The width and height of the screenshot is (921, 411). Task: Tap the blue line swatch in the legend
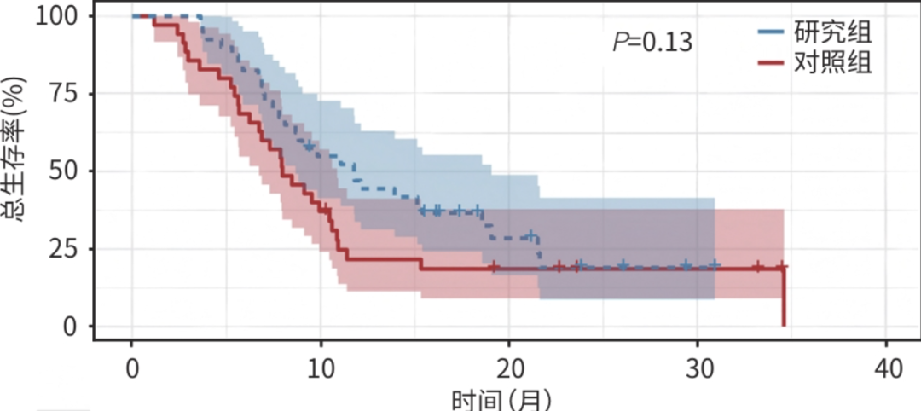point(771,33)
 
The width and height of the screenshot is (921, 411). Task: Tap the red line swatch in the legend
point(771,62)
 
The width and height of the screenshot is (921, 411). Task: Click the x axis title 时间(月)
point(502,399)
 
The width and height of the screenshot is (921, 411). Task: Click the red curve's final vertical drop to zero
point(784,298)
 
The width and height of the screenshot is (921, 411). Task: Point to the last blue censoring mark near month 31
point(714,266)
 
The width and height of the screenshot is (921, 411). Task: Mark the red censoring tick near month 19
point(493,268)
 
